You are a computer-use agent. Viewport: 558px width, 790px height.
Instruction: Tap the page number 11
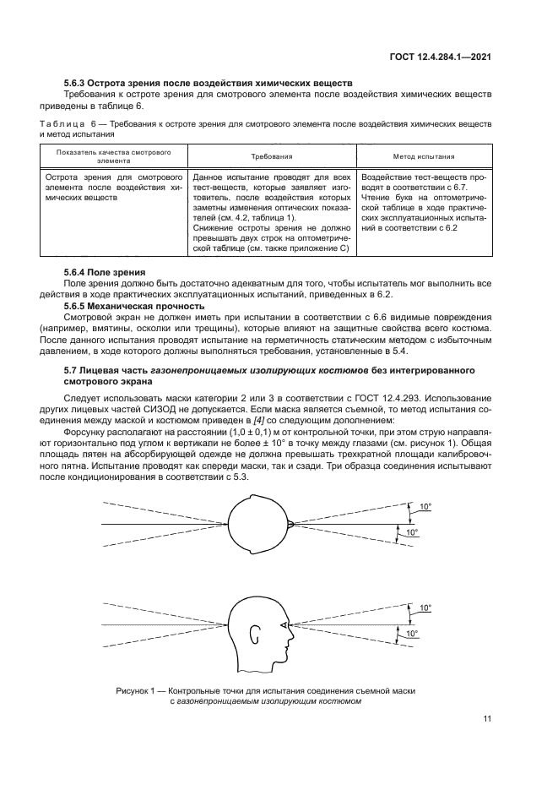pyautogui.click(x=487, y=719)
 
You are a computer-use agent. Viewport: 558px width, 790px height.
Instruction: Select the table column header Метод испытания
pyautogui.click(x=424, y=156)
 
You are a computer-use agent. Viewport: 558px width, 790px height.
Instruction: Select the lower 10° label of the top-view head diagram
pyautogui.click(x=412, y=533)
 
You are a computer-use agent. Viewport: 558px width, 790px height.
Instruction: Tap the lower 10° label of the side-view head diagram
pyautogui.click(x=412, y=633)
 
